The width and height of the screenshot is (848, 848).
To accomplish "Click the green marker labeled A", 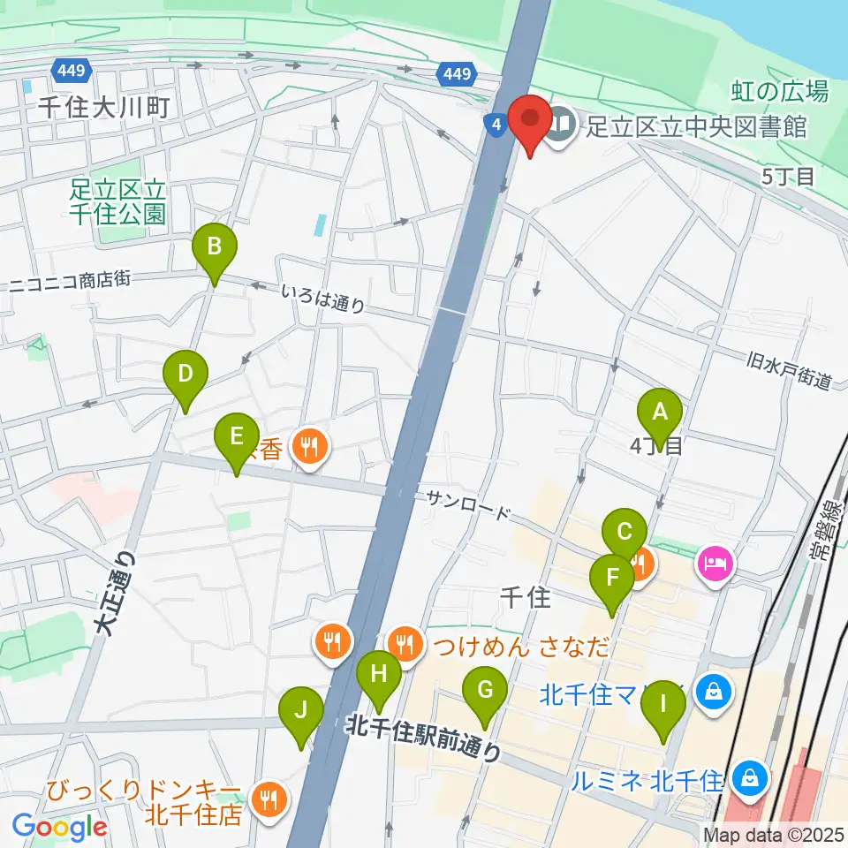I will tap(660, 412).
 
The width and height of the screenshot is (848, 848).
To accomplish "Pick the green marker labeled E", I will tap(236, 437).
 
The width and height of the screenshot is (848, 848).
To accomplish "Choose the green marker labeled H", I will tap(379, 675).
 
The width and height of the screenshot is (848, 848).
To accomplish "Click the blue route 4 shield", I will tap(496, 125).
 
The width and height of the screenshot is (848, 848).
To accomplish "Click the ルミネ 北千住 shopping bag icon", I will tap(749, 779).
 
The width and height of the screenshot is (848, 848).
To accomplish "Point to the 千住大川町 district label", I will tap(103, 108).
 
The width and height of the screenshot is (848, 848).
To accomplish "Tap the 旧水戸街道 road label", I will tap(789, 371).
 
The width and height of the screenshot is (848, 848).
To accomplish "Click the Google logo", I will tap(59, 827).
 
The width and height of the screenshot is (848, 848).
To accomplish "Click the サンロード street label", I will tap(468, 505).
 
